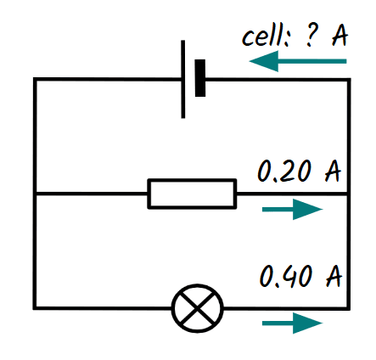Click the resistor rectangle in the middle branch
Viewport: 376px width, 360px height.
click(x=192, y=194)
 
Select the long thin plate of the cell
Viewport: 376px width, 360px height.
click(x=183, y=79)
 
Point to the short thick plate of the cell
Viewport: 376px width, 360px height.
click(x=201, y=79)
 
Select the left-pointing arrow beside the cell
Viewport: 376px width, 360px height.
click(x=298, y=61)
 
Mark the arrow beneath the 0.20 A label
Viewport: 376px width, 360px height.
click(x=293, y=210)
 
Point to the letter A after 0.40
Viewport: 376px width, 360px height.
click(x=332, y=276)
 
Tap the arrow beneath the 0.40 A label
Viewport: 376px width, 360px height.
click(x=293, y=323)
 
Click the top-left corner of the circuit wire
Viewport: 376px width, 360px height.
click(x=35, y=80)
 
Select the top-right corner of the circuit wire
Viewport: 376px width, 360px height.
click(x=349, y=80)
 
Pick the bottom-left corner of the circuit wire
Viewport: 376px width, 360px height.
click(x=35, y=307)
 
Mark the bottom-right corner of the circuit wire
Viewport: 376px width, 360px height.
click(x=349, y=307)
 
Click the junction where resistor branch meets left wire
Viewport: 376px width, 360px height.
click(x=35, y=194)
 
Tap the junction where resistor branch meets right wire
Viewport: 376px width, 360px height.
click(x=349, y=194)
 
